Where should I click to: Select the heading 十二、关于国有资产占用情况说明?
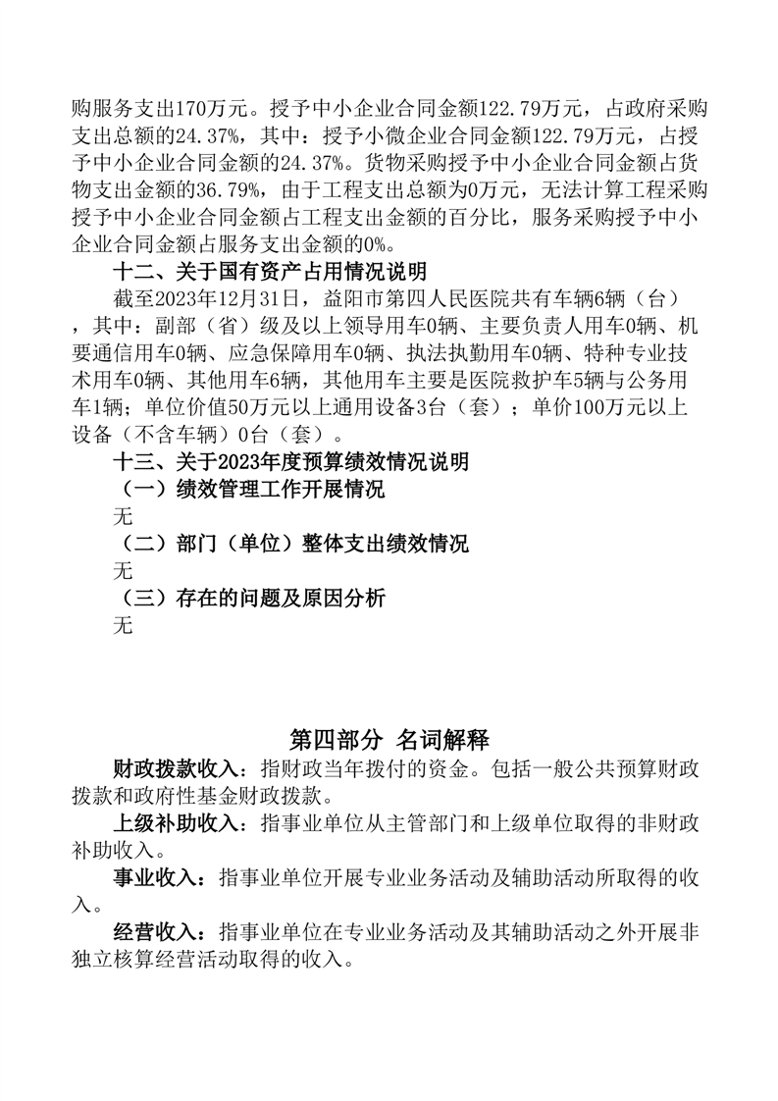[x=270, y=269]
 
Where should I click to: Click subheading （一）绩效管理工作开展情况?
[x=249, y=489]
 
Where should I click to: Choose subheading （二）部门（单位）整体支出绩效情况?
[x=291, y=543]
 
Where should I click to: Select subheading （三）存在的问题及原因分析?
[x=249, y=598]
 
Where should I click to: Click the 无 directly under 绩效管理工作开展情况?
[x=123, y=516]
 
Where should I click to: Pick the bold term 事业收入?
[x=155, y=876]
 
